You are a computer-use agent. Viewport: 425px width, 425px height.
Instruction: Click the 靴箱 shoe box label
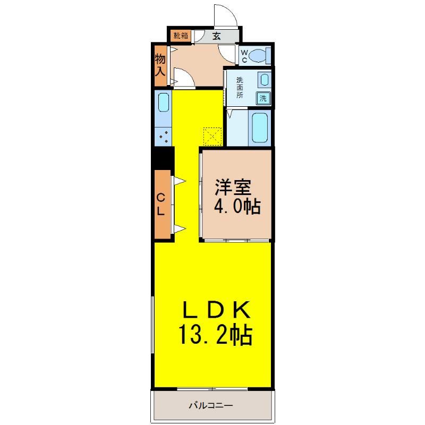point(181,36)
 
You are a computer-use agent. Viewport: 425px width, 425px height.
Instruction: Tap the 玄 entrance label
point(216,36)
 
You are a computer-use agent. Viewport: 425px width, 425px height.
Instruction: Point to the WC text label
point(244,56)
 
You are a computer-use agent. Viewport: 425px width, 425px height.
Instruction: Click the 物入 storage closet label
point(160,65)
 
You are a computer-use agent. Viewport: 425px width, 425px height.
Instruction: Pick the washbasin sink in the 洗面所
point(264,80)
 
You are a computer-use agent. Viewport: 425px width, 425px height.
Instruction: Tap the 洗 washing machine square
point(263,98)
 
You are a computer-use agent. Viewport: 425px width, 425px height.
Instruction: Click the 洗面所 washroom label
point(240,88)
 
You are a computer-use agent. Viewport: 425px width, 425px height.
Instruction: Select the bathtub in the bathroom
point(260,127)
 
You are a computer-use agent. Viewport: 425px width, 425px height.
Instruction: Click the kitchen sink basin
point(164,102)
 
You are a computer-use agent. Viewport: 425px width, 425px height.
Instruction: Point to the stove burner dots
point(164,137)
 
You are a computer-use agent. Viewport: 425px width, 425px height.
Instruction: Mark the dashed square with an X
point(212,137)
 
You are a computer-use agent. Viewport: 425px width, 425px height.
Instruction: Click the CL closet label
point(161,204)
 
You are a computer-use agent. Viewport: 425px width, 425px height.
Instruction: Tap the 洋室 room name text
point(233,187)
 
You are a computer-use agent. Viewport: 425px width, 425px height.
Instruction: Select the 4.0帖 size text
point(237,207)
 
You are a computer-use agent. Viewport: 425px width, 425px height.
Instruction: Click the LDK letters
point(217,310)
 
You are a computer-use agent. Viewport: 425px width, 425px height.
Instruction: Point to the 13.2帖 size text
point(215,335)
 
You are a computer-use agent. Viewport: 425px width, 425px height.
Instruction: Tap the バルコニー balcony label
point(211,405)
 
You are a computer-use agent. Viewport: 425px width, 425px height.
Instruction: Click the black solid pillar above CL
point(163,158)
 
